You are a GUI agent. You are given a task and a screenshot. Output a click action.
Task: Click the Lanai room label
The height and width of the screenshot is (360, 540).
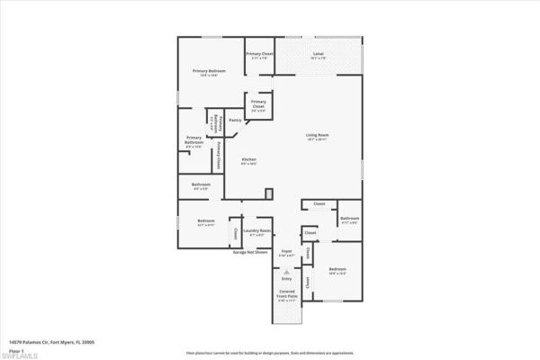coord(318,55)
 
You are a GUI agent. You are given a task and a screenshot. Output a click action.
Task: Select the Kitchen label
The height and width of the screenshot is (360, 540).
coord(249,159)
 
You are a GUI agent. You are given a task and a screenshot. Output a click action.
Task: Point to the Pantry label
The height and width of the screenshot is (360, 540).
coord(235,120)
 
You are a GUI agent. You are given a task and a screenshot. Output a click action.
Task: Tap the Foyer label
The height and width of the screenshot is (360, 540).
coord(287,251)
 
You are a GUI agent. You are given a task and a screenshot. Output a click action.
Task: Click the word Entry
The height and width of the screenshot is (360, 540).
coord(287,279)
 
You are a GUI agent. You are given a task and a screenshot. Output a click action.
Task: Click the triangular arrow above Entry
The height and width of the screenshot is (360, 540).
coord(287,271)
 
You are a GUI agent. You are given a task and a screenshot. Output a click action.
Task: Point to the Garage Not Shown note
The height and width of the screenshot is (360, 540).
coord(251,252)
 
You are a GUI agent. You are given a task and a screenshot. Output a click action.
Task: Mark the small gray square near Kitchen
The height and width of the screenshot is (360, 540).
coord(269,193)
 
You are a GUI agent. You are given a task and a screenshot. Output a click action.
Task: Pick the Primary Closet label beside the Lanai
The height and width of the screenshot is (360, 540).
coord(260,55)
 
